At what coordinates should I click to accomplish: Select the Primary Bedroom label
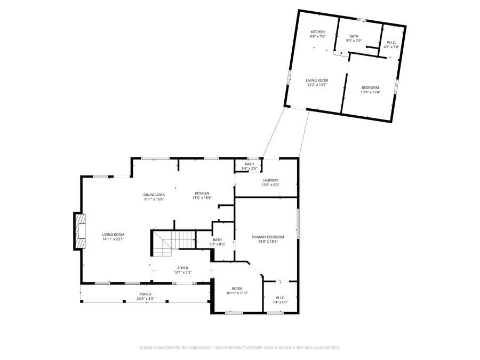[268, 237]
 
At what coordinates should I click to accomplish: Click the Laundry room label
[270, 180]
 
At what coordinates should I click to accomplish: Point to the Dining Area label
[154, 195]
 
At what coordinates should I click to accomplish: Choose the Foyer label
[182, 268]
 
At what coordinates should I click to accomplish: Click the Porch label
[145, 294]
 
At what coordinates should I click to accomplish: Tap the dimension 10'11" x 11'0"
[237, 293]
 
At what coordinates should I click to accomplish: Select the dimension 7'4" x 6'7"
[281, 302]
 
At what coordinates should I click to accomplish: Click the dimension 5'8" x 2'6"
[250, 169]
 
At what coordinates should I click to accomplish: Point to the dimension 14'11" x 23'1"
[113, 239]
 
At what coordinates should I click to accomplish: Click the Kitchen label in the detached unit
[318, 32]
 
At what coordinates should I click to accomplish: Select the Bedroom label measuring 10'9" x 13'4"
[370, 87]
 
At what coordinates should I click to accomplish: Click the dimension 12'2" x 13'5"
[317, 85]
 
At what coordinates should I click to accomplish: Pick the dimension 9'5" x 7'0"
[354, 41]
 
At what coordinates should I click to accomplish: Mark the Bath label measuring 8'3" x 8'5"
[217, 240]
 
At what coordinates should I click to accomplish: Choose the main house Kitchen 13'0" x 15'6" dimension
[202, 198]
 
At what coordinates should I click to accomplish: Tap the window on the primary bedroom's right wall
[298, 223]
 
